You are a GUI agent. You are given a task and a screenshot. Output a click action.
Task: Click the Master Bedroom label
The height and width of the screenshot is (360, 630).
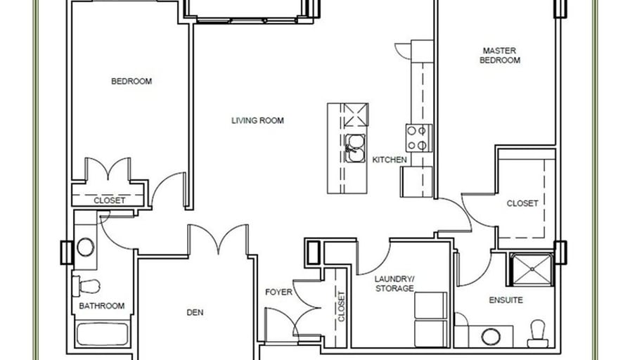coord(500,56)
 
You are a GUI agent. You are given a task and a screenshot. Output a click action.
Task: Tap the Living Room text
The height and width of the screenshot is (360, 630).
coord(257,120)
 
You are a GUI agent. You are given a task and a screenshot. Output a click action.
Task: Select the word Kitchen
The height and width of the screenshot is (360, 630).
coord(390,160)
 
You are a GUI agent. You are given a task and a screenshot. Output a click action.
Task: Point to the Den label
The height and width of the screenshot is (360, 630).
coord(195,312)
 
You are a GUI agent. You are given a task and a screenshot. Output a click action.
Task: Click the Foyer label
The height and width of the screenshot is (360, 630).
coord(279,292)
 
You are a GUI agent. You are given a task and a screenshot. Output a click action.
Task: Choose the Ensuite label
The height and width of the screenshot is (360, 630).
coord(506,300)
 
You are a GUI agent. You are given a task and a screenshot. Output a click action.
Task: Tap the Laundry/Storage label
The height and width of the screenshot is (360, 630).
coord(394,283)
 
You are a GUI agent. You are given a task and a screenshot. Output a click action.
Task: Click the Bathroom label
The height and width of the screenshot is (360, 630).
coord(102,306)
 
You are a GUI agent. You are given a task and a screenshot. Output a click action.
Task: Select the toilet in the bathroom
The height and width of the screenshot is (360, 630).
coord(86,285)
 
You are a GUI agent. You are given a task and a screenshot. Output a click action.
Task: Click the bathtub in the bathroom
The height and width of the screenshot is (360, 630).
coord(103,334)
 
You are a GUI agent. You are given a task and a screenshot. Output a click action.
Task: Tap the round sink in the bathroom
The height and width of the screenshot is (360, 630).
coord(86,247)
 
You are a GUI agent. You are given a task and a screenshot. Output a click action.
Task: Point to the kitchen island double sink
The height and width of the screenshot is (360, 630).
coord(355,148)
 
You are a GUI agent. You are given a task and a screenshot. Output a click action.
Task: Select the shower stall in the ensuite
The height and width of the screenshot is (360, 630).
coord(532,269)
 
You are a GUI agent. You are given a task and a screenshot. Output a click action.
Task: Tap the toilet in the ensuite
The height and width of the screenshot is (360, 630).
coord(538,334)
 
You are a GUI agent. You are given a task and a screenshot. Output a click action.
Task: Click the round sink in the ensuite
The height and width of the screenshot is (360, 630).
coord(491,337)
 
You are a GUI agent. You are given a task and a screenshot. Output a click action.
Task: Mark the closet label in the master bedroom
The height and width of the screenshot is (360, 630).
coord(522,203)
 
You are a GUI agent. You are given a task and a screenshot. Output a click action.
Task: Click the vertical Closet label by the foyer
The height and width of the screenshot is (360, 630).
coord(341,307)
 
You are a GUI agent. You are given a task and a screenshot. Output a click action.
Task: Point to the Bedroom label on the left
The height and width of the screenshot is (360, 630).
coord(131,81)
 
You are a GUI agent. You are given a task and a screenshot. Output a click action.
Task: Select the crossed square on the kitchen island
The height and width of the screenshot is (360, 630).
coord(356,115)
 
